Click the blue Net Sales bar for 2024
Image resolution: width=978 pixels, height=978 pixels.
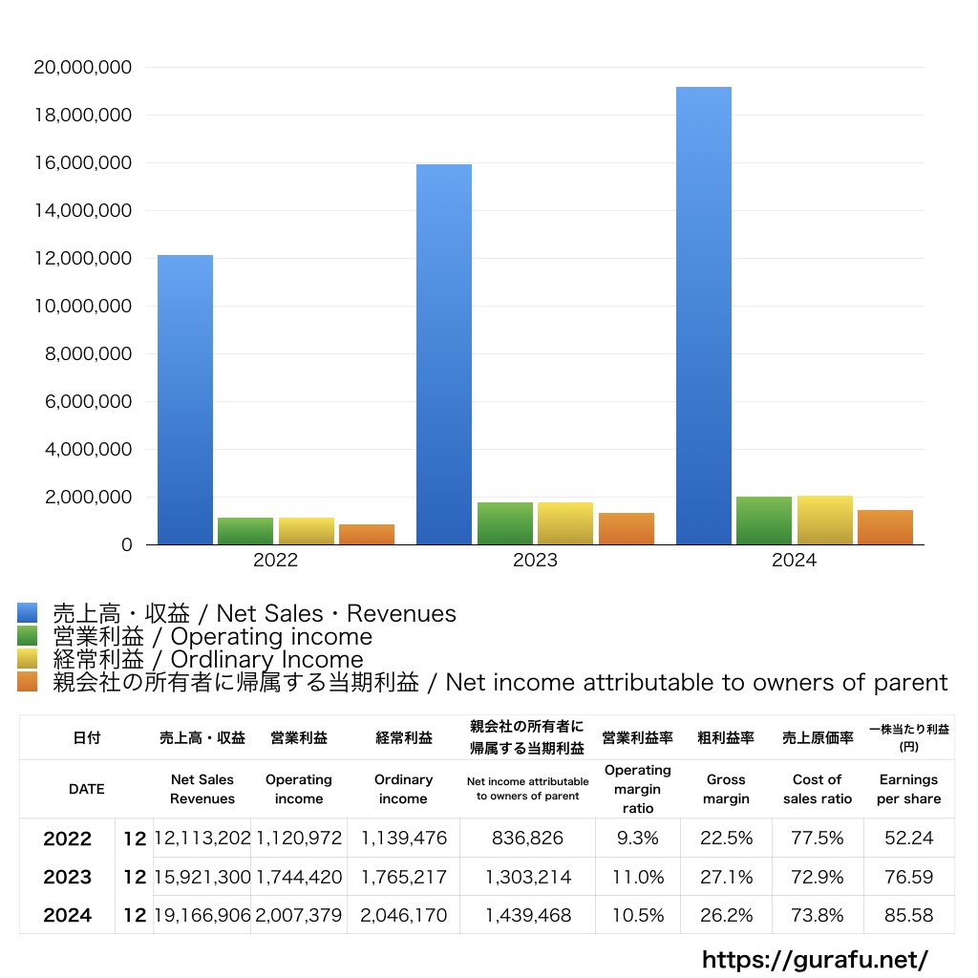click(704, 315)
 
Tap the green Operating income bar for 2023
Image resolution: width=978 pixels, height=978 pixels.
click(505, 523)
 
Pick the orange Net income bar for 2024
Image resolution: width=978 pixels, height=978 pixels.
click(884, 527)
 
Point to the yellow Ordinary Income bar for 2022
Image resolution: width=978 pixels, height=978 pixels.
click(307, 531)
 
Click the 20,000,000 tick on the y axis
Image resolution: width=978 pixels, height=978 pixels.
click(82, 68)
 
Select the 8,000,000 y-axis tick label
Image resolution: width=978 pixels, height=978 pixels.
click(82, 354)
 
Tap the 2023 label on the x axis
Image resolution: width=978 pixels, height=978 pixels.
click(535, 561)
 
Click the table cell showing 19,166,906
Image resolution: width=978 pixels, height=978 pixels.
click(202, 915)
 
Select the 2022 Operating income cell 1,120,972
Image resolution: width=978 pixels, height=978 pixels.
click(299, 839)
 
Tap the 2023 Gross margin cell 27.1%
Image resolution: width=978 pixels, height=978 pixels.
click(726, 877)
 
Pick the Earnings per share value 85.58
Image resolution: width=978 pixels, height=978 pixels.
click(908, 915)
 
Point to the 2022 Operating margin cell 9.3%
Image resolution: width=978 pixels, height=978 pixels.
click(637, 839)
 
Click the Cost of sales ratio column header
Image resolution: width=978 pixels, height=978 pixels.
click(817, 789)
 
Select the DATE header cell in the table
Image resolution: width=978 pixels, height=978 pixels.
click(87, 789)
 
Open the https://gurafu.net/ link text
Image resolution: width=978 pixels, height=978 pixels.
click(815, 959)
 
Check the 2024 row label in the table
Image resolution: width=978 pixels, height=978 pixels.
click(68, 915)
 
